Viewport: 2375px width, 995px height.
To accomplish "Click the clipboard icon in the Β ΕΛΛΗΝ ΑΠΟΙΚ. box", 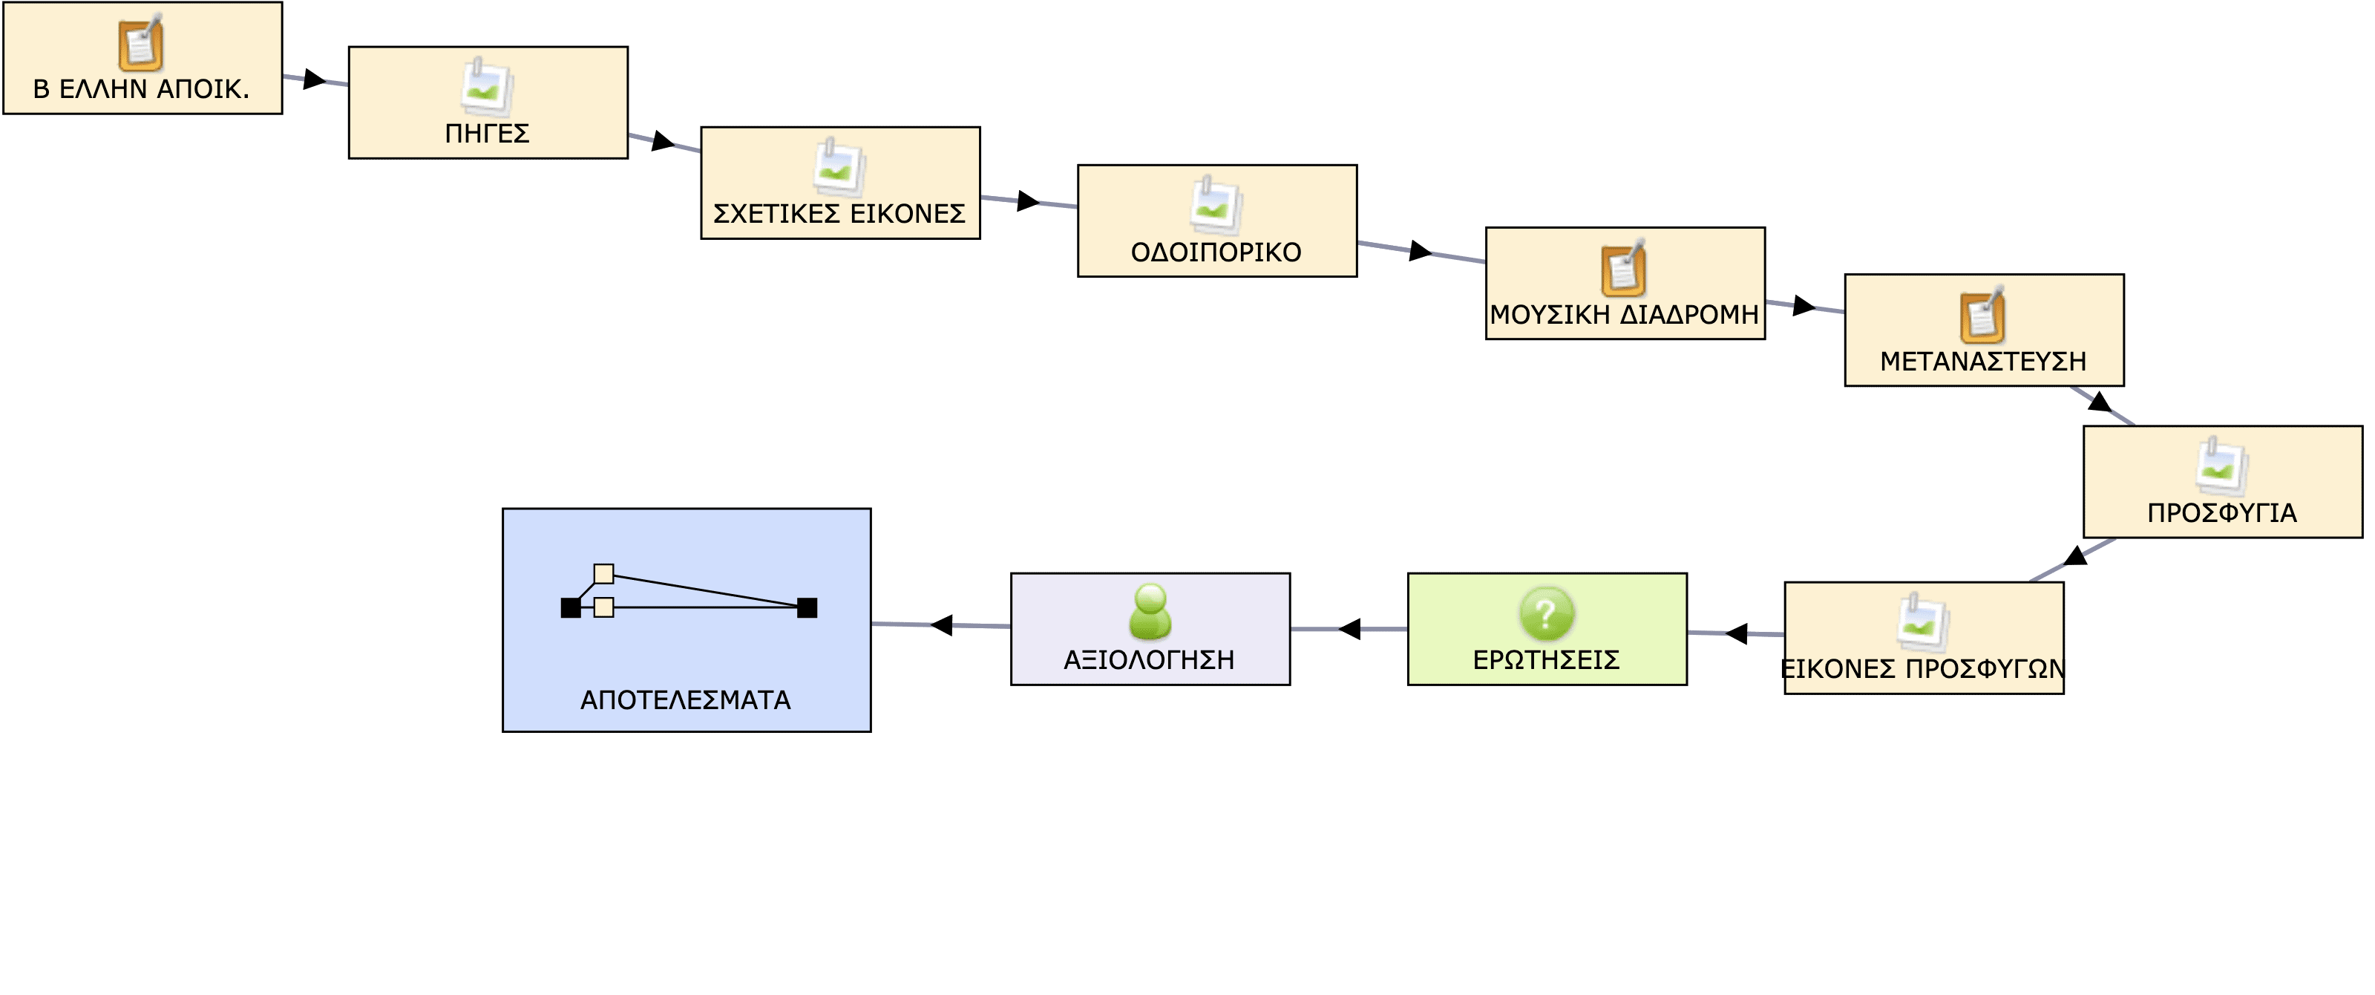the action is pyautogui.click(x=141, y=42).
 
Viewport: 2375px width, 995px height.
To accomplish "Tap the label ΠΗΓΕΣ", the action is pyautogui.click(x=487, y=134).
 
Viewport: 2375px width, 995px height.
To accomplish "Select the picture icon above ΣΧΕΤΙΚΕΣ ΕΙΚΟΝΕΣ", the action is pyautogui.click(x=839, y=167).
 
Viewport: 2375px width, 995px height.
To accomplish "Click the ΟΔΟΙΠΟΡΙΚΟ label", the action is pyautogui.click(x=1216, y=252).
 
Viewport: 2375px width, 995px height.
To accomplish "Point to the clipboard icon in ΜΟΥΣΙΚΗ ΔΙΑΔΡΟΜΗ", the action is pyautogui.click(x=1625, y=267).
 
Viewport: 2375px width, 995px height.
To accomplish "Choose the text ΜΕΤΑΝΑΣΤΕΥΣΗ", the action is pyautogui.click(x=1983, y=361).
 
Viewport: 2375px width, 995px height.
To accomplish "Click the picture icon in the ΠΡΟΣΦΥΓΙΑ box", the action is pyautogui.click(x=2222, y=466).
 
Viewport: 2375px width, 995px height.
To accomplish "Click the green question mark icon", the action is pyautogui.click(x=1546, y=613).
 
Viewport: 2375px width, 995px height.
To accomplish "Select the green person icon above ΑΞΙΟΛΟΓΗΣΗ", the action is pyautogui.click(x=1150, y=611).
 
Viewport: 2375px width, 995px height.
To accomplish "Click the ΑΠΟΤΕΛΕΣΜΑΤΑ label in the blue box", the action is pyautogui.click(x=685, y=700).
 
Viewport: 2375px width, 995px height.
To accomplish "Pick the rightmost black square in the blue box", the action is pyautogui.click(x=807, y=607).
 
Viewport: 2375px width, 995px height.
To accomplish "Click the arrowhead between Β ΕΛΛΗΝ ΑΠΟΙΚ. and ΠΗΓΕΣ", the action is pyautogui.click(x=315, y=79).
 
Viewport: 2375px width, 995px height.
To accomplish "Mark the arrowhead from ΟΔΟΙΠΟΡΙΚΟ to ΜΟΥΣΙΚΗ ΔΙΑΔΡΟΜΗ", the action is pyautogui.click(x=1421, y=250).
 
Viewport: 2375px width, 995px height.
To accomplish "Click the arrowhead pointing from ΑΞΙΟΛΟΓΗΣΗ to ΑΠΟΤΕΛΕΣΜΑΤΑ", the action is pyautogui.click(x=941, y=625).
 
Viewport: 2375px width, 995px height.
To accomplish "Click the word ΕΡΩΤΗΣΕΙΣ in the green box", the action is pyautogui.click(x=1546, y=660).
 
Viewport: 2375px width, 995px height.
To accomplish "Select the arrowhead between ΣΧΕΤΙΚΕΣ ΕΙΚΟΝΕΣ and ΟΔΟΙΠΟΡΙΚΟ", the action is pyautogui.click(x=1029, y=201).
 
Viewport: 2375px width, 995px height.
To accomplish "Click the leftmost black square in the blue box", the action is pyautogui.click(x=571, y=607).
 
